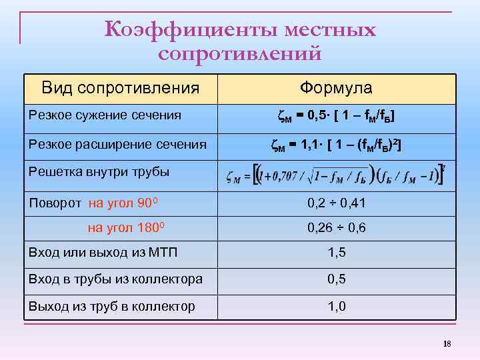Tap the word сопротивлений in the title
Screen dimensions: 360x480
point(240,52)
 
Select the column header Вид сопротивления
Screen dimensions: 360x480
point(120,88)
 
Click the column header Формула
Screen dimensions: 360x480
point(336,88)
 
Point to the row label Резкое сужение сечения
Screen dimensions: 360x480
point(105,115)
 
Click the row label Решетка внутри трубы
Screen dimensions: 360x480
point(99,171)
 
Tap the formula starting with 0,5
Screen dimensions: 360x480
point(336,117)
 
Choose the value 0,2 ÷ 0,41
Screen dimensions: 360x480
point(336,203)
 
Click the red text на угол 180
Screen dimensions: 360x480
point(127,227)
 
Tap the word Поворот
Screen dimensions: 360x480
point(55,203)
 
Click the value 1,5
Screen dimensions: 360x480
point(336,253)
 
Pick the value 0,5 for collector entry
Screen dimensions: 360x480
point(336,279)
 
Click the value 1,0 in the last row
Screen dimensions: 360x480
point(336,307)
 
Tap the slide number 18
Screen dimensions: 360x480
point(447,343)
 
